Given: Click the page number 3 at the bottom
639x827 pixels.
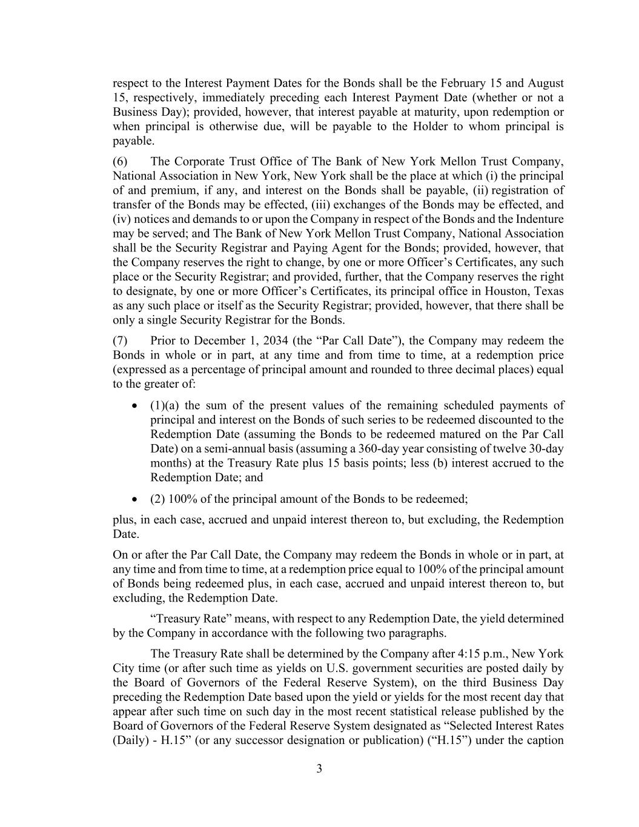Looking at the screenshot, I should point(319,769).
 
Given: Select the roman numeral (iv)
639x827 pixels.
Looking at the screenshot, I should point(121,219).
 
